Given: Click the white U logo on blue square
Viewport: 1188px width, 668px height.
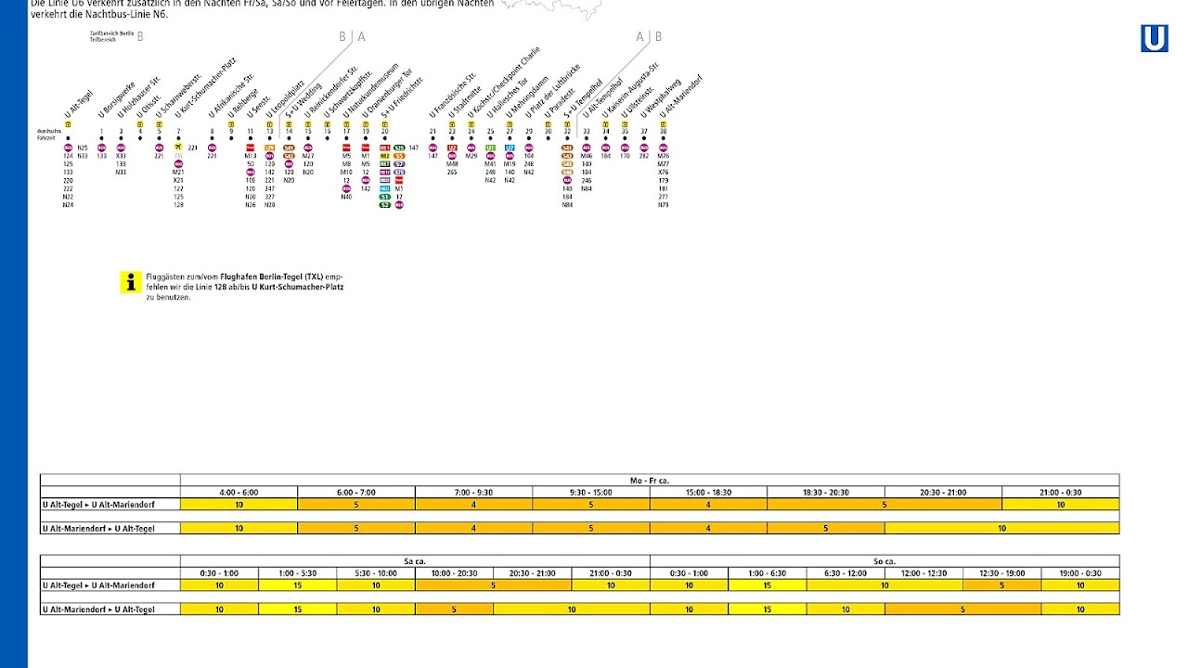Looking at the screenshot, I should point(1155,39).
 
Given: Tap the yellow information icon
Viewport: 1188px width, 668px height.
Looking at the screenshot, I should point(131,282).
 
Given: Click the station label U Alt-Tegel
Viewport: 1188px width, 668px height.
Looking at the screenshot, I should point(79,105).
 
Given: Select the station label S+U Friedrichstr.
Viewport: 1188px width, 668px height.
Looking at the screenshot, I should point(402,96).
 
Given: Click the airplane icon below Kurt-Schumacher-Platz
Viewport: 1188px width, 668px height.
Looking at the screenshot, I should point(178,147).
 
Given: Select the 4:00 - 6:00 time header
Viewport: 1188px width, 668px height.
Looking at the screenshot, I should point(239,492).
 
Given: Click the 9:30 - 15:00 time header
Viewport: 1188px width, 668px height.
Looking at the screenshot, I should point(591,492).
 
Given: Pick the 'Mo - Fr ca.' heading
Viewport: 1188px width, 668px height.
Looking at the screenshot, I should point(650,481).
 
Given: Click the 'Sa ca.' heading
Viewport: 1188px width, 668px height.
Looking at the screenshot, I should point(415,561).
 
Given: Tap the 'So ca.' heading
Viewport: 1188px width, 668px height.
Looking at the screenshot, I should point(885,561).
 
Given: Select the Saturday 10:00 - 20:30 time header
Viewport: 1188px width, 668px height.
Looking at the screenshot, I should point(454,573).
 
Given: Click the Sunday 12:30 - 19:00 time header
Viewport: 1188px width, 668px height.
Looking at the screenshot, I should point(1002,573).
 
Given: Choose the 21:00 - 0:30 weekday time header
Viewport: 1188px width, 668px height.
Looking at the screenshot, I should point(1061,492).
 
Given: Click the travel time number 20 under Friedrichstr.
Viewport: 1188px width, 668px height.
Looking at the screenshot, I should point(384,131).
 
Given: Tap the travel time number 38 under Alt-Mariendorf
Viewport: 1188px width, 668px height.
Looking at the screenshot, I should point(663,131).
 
